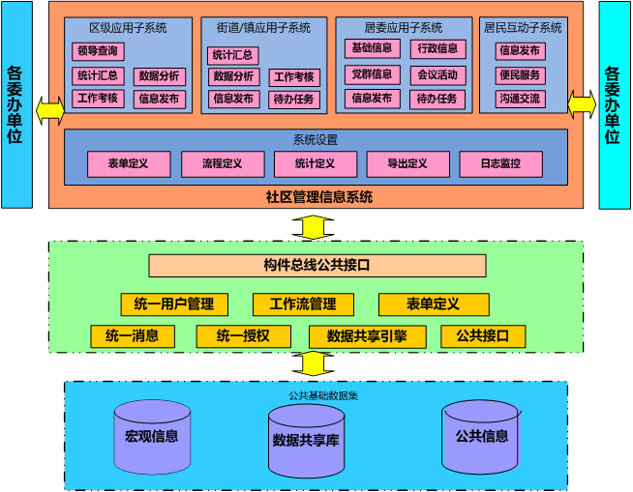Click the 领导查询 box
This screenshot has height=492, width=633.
click(x=98, y=51)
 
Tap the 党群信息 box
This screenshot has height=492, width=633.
click(x=373, y=74)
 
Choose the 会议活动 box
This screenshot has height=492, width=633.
click(x=436, y=74)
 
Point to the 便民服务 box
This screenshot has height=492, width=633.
click(x=521, y=74)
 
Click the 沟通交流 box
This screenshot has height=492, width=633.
click(x=521, y=99)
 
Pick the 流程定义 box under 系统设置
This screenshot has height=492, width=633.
click(x=223, y=164)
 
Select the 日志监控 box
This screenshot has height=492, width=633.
click(x=500, y=164)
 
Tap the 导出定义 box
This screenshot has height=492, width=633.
click(x=407, y=164)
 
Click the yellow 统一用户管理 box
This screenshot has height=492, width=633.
click(x=174, y=304)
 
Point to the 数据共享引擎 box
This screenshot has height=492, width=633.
click(x=367, y=336)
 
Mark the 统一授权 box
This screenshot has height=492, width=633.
click(x=243, y=336)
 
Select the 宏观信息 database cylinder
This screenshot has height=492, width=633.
click(x=152, y=436)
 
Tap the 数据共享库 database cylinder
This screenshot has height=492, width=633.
click(x=306, y=441)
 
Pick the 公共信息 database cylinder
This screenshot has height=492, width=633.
click(x=481, y=436)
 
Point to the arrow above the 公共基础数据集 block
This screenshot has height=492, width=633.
click(x=313, y=364)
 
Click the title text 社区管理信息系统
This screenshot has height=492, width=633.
click(x=318, y=197)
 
